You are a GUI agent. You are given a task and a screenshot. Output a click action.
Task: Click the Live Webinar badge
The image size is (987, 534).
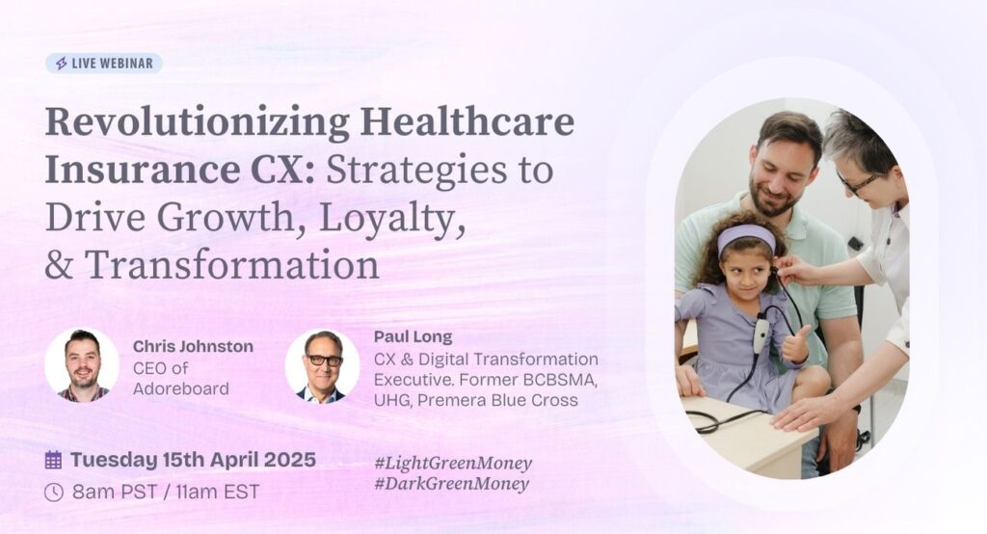click(x=104, y=64)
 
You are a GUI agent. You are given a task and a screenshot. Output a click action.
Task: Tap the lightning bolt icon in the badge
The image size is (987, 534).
click(x=61, y=64)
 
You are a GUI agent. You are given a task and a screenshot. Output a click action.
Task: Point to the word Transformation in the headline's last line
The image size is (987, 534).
click(x=232, y=264)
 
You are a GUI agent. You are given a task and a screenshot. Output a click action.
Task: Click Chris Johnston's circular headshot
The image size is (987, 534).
click(x=82, y=364)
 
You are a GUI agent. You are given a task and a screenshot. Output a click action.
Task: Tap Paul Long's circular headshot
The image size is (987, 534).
click(x=322, y=366)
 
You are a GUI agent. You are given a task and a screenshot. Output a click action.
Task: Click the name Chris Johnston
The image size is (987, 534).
click(x=193, y=346)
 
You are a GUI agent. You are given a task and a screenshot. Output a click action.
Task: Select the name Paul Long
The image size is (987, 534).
click(x=413, y=337)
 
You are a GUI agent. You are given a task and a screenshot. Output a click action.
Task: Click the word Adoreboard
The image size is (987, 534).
click(x=180, y=388)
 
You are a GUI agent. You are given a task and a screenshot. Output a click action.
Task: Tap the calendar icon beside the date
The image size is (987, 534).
click(x=54, y=460)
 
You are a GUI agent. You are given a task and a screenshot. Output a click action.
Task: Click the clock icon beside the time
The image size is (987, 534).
click(x=54, y=492)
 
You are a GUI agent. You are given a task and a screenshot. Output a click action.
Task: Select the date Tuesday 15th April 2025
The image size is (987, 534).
click(x=193, y=460)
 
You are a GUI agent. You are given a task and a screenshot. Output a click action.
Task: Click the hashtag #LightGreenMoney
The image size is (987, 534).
click(x=453, y=464)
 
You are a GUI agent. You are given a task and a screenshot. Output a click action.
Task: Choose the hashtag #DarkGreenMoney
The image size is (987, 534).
click(x=451, y=484)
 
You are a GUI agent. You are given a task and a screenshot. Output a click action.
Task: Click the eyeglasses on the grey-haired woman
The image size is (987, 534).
click(x=857, y=182)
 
